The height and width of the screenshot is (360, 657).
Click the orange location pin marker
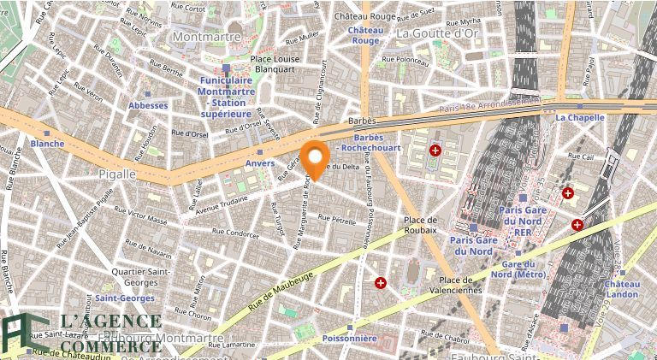[x=317, y=161]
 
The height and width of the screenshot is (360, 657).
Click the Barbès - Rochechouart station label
[x=368, y=142]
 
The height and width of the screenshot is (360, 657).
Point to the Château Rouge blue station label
[x=365, y=35]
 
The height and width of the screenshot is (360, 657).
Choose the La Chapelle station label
[x=580, y=117]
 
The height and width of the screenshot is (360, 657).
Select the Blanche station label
[x=47, y=144]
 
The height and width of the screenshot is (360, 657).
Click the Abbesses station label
[x=148, y=105]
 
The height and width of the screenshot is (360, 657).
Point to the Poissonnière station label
[x=349, y=338]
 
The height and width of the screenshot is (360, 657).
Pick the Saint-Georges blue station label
[x=125, y=298]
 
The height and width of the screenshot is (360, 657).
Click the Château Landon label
[x=622, y=289]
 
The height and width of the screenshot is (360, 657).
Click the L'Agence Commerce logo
[x=81, y=333]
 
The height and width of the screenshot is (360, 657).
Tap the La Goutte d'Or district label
[x=436, y=32]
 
